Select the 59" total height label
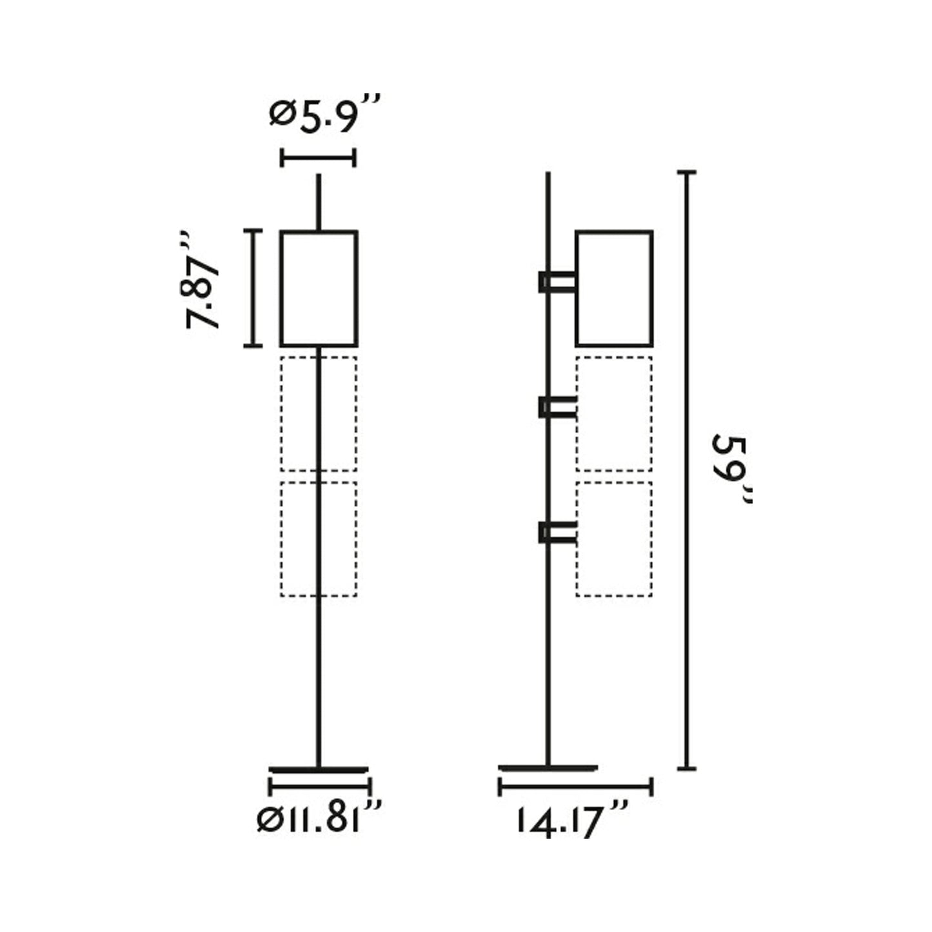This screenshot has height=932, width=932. [x=731, y=469]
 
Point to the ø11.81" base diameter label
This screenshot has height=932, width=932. [x=320, y=819]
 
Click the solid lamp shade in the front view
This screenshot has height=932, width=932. [x=319, y=288]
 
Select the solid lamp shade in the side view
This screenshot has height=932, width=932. [x=614, y=288]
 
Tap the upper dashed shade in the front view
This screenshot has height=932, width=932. [x=319, y=413]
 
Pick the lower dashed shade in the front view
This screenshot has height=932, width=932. [x=319, y=539]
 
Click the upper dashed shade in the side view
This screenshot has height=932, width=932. [x=614, y=413]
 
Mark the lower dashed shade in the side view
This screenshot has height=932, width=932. [x=614, y=539]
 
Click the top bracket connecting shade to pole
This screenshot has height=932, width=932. [x=558, y=282]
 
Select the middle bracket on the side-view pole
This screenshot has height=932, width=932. [x=558, y=408]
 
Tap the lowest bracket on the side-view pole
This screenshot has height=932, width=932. [x=558, y=533]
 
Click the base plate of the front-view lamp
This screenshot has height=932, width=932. [x=319, y=769]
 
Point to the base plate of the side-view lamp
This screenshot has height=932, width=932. [x=548, y=768]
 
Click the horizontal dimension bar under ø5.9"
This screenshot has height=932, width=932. [x=318, y=157]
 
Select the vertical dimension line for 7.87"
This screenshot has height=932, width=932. [x=253, y=288]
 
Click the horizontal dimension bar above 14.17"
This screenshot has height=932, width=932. [x=576, y=786]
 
